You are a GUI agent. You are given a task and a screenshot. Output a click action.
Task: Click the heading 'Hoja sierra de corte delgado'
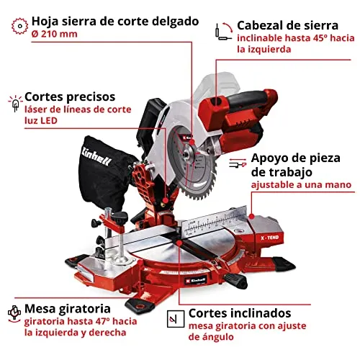[x=115, y=22]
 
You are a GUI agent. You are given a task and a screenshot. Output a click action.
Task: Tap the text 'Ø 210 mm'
[x=55, y=34]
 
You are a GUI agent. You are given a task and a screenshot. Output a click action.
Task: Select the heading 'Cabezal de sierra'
[x=288, y=25]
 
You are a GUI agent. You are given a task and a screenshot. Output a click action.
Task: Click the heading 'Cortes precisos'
[x=70, y=97]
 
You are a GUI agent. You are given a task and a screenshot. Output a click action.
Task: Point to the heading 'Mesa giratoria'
[x=68, y=309]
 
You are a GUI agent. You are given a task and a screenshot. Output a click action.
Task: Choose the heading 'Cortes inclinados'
[x=240, y=313]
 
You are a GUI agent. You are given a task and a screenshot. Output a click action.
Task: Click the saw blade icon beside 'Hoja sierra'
[x=19, y=26]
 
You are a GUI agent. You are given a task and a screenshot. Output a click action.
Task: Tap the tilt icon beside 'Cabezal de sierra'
[x=224, y=31]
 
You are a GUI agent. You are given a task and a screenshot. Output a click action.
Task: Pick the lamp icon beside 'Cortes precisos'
[x=15, y=104]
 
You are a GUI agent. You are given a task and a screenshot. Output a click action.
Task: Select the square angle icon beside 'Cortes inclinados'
[x=176, y=319]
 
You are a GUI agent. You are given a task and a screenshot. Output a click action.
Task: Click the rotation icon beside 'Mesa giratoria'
[x=14, y=314]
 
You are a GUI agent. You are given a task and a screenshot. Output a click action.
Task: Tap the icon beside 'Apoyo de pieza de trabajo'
[x=238, y=163]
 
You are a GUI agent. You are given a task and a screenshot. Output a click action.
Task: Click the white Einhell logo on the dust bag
[x=96, y=156]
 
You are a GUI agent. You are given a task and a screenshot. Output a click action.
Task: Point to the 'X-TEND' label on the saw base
[x=270, y=238]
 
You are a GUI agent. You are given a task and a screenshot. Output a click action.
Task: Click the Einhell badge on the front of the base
[x=195, y=280]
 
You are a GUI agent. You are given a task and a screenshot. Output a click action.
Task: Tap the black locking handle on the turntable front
[x=235, y=280]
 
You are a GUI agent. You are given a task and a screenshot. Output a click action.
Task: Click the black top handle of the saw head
[x=247, y=98]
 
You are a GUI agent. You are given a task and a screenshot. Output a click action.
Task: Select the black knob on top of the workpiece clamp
[x=120, y=216]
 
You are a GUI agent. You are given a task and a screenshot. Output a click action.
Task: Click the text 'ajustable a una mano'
[x=301, y=185]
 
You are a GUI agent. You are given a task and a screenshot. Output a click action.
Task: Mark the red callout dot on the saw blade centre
[x=192, y=143]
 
